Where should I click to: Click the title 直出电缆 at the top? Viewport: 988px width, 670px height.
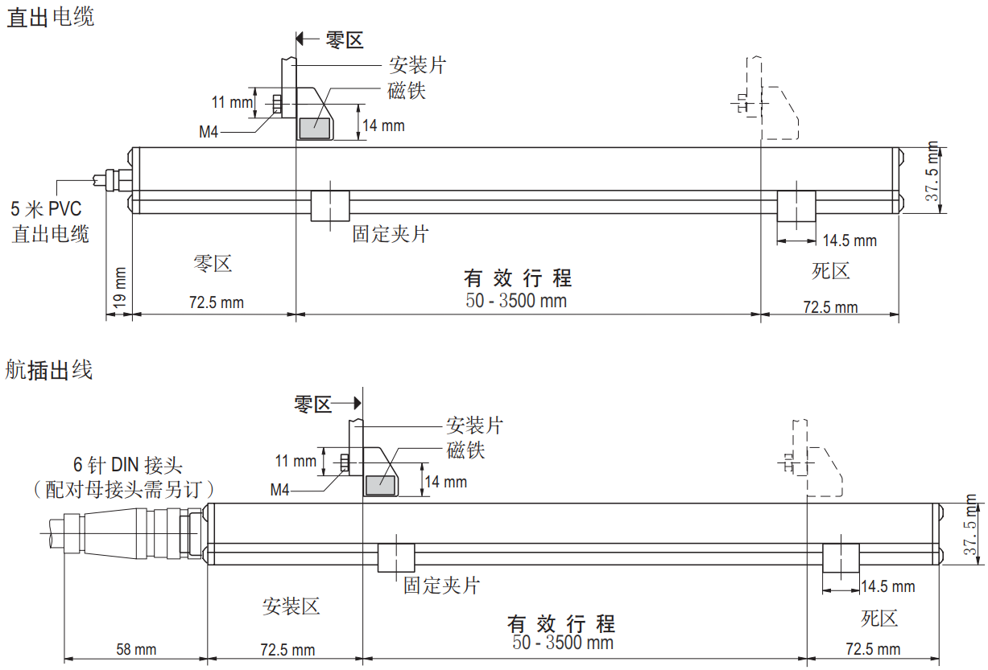51,18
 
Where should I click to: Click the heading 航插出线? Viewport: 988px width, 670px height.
49,369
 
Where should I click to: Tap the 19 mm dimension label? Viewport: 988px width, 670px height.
119,287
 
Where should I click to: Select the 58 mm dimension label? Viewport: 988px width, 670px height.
136,649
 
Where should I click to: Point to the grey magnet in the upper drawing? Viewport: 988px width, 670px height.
315,128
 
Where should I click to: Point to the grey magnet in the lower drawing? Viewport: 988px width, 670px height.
380,486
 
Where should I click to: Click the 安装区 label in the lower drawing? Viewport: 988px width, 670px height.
291,606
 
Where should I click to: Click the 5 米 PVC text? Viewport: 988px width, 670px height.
47,209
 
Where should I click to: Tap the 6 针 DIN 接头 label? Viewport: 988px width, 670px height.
128,465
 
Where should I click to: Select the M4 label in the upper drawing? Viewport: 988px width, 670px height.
209,131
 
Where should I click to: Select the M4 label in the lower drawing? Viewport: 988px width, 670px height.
279,489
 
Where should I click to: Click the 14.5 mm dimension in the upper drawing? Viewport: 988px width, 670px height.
850,240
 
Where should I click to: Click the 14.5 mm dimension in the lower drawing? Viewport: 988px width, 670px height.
888,586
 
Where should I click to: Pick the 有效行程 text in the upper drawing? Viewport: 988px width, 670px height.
518,278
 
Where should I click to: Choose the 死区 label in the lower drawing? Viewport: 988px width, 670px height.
879,618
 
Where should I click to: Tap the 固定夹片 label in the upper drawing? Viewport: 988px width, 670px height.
391,233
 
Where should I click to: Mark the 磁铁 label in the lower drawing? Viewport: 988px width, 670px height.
465,450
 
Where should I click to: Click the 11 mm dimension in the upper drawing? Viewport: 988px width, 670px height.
232,102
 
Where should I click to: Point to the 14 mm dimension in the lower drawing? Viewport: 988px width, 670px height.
446,482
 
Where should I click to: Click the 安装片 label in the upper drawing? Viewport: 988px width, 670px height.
417,65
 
